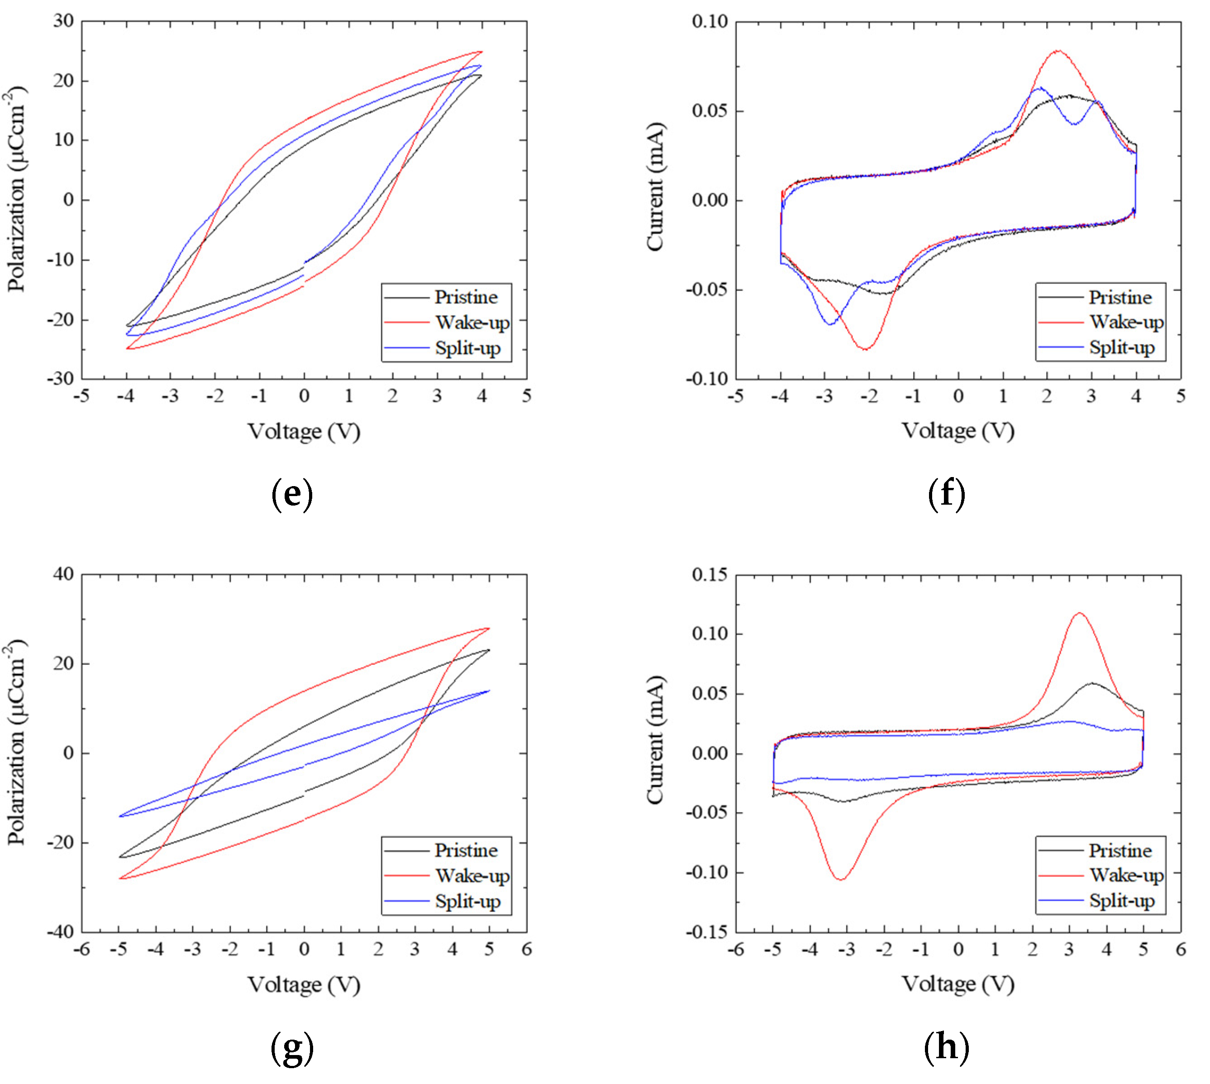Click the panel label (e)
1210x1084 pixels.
coord(292,494)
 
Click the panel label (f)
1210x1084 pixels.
coord(946,494)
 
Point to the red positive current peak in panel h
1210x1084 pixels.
coord(1080,613)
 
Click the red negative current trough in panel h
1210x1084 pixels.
coord(841,879)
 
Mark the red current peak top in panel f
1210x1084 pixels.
coord(1058,51)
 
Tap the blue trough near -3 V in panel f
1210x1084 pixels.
coord(830,324)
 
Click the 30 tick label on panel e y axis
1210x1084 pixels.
coord(64,21)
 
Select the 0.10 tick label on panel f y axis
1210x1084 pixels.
coord(710,21)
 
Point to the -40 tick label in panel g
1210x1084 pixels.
coord(60,932)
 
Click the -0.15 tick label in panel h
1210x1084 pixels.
coord(707,932)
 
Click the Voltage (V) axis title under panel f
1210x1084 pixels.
coord(958,430)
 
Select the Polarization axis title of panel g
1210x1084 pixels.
coord(17,743)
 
